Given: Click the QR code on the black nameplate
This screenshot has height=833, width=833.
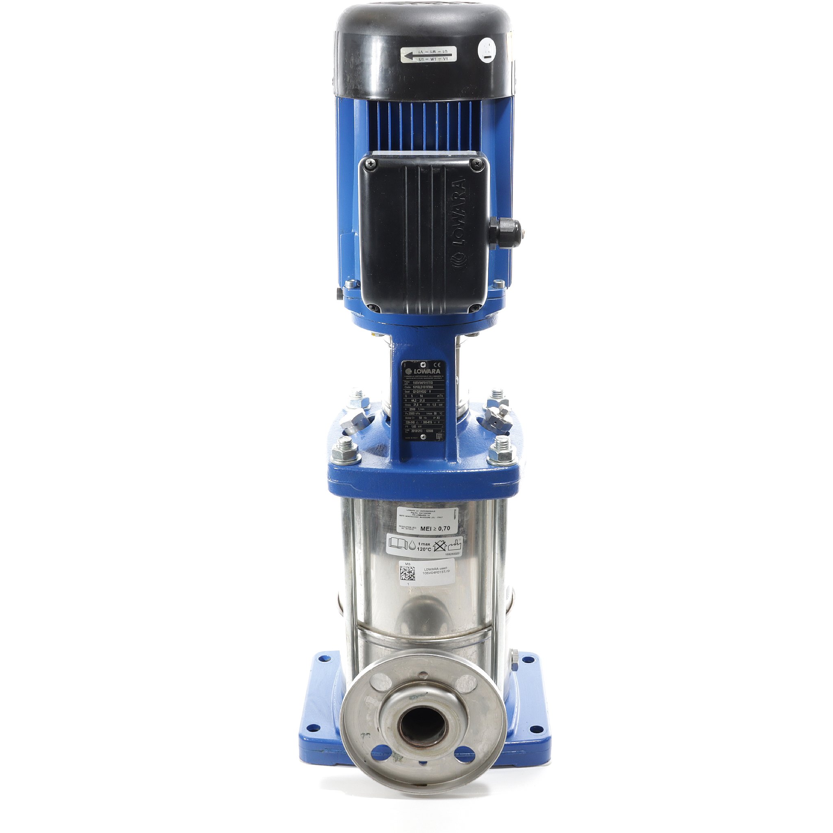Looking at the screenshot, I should tap(438, 437).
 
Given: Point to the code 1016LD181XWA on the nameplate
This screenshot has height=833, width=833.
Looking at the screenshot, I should tap(426, 387).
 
